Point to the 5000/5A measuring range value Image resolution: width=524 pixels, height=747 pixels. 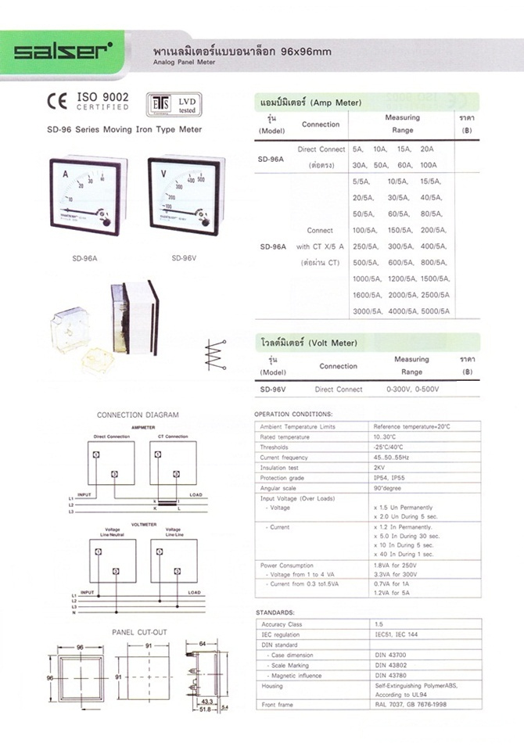point(435,311)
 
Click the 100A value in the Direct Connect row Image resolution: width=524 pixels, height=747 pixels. point(429,165)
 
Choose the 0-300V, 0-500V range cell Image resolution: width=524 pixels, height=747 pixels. point(412,389)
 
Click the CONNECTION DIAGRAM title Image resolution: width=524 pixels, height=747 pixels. point(137,415)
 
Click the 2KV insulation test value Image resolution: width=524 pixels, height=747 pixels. point(379,467)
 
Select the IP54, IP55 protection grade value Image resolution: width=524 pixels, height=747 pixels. point(388,477)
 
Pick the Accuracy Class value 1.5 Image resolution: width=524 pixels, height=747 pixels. point(379,625)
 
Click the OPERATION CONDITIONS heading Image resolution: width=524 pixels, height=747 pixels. point(293,414)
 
